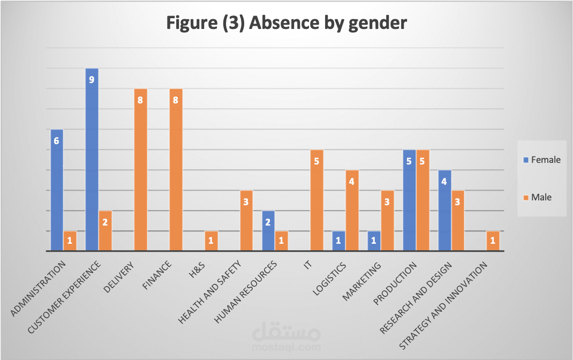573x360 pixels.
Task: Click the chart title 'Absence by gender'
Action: [286, 23]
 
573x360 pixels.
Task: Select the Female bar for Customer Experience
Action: [92, 161]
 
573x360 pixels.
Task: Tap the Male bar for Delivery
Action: [140, 171]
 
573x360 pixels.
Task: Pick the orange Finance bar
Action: [176, 171]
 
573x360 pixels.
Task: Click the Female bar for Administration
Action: [56, 190]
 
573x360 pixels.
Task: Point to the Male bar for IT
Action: [316, 201]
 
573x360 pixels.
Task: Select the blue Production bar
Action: [409, 201]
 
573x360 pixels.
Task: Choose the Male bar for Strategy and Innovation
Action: [493, 241]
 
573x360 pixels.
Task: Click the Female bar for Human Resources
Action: [268, 230]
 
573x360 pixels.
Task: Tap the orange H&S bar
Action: [211, 241]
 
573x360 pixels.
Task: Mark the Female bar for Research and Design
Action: [444, 211]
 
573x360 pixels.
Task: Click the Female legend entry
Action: [541, 160]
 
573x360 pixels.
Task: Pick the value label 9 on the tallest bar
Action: [92, 80]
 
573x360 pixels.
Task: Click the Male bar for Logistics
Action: [352, 211]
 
